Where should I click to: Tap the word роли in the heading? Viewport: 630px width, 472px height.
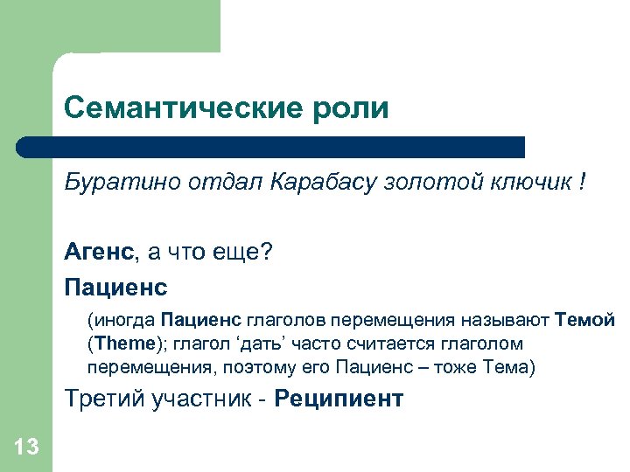pyautogui.click(x=353, y=109)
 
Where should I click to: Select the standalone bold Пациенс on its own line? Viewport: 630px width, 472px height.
pyautogui.click(x=115, y=286)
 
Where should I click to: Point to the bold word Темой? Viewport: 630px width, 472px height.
pyautogui.click(x=585, y=321)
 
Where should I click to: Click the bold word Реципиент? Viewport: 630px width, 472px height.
pyautogui.click(x=339, y=399)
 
